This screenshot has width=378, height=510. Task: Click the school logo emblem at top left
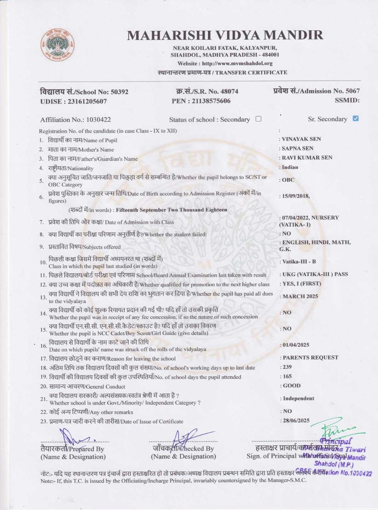point(57,45)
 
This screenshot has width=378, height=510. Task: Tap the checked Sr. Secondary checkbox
point(355,119)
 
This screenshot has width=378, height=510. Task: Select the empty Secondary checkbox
point(259,119)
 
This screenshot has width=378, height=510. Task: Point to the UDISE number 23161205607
point(87,101)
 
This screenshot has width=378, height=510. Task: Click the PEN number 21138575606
point(211,101)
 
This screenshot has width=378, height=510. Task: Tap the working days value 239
point(287,367)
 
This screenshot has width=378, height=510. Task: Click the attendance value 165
point(287,376)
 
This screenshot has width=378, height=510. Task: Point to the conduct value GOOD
point(291,386)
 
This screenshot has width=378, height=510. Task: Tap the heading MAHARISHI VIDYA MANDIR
point(225,35)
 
